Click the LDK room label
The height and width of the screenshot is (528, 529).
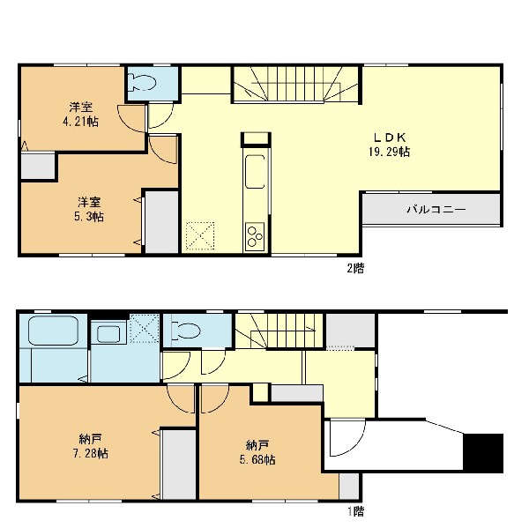coord(390,138)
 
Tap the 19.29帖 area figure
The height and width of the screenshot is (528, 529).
coord(390,152)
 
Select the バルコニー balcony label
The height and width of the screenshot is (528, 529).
coord(436,210)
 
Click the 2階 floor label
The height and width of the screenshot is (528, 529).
coord(355,269)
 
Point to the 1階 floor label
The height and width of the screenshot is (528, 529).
coord(356,511)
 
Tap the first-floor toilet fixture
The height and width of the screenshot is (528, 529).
coord(187,331)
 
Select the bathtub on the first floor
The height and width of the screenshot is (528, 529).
coord(54,330)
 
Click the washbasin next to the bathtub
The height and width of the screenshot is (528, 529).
coord(108,334)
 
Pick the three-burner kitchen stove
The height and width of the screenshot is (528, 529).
coord(255,236)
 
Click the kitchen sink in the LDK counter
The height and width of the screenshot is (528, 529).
coord(255,171)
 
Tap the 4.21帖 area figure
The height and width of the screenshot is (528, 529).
coord(80,121)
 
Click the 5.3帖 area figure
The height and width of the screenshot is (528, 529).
coord(89,216)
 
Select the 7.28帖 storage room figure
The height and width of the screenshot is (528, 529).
coord(91,453)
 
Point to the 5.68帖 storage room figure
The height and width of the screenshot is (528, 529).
coord(257,459)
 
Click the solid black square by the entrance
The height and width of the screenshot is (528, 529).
coord(483,453)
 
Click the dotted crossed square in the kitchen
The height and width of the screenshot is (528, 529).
coord(200,236)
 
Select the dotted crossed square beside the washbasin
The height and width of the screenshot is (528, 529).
coord(145,328)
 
